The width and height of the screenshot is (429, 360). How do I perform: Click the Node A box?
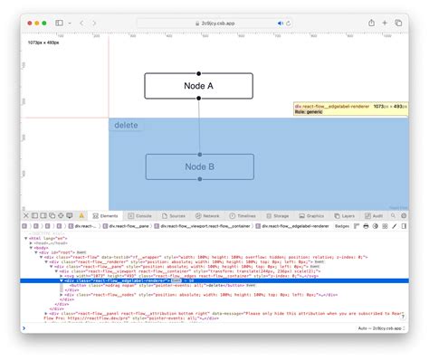[198, 86]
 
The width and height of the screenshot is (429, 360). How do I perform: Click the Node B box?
[198, 166]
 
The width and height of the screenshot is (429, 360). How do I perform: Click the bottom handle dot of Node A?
[198, 99]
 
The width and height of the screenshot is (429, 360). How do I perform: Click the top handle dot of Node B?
[198, 154]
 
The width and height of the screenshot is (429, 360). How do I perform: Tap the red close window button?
[28, 22]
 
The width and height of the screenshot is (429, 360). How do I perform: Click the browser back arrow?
[81, 22]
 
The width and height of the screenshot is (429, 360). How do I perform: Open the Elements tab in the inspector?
[105, 216]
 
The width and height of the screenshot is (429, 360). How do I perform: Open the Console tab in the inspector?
[140, 216]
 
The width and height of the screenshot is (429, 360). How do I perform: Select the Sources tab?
[175, 216]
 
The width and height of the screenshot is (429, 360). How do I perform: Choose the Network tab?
[207, 216]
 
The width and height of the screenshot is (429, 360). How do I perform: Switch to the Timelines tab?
[242, 216]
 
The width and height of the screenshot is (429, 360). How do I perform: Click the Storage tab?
[278, 216]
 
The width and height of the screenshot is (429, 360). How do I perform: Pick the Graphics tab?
[311, 216]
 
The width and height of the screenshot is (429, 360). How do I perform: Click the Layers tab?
[345, 216]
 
